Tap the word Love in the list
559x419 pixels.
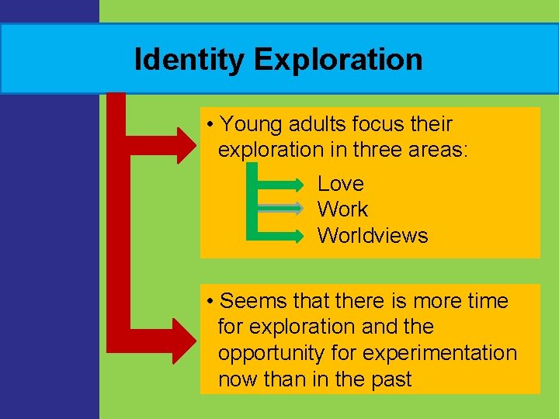coord(340,184)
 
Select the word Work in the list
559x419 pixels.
coord(342,209)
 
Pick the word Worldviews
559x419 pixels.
coord(373,236)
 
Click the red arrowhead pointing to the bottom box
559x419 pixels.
coord(187,339)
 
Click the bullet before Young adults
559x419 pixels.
coord(210,125)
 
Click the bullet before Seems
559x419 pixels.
coord(210,301)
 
